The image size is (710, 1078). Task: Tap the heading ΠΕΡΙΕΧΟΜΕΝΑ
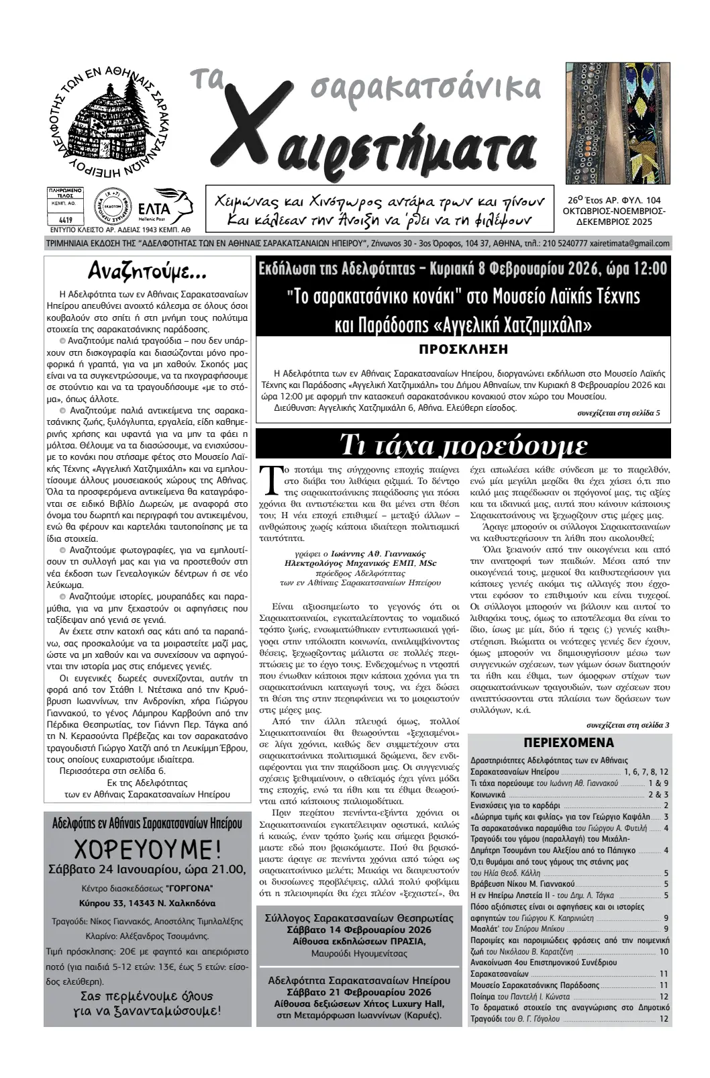pyautogui.click(x=568, y=743)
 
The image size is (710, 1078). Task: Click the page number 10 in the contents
pyautogui.click(x=664, y=951)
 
